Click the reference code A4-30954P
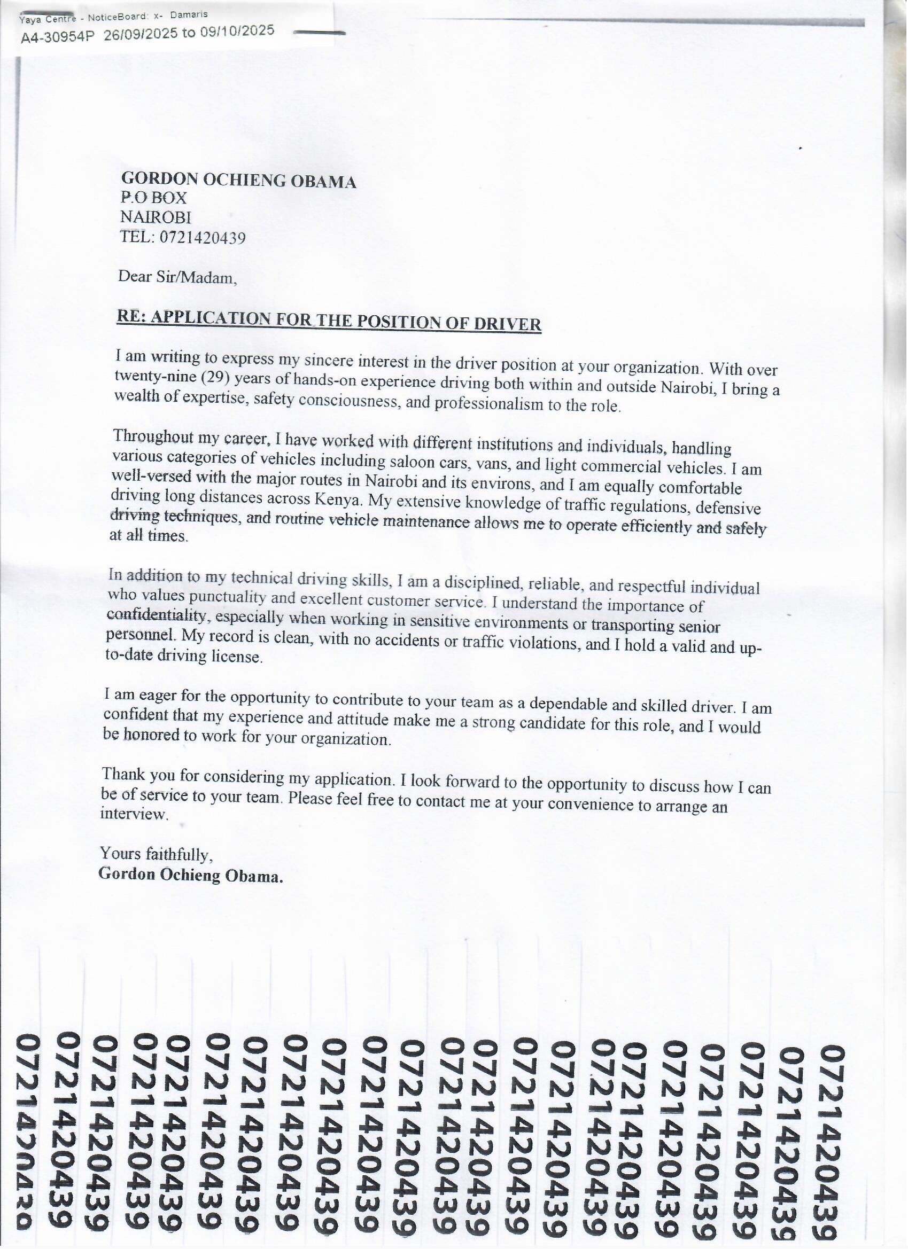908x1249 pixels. (x=57, y=37)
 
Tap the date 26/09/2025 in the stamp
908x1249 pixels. (x=141, y=34)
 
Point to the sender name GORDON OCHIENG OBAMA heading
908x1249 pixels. (x=238, y=180)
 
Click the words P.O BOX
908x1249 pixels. (x=154, y=198)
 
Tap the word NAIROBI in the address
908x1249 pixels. (x=156, y=217)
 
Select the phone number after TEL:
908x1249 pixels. (x=203, y=238)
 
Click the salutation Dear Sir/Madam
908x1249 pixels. (x=177, y=277)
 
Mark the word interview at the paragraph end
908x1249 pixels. (x=135, y=815)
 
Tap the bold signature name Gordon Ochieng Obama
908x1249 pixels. (x=191, y=876)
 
